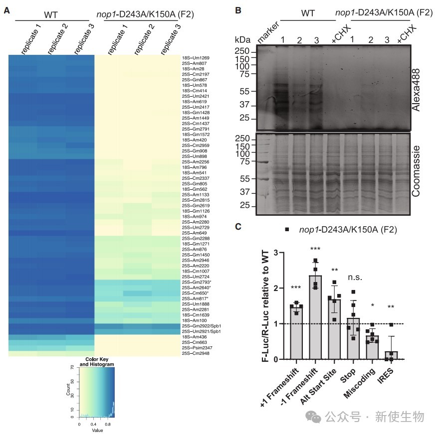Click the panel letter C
pos(238,226)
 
